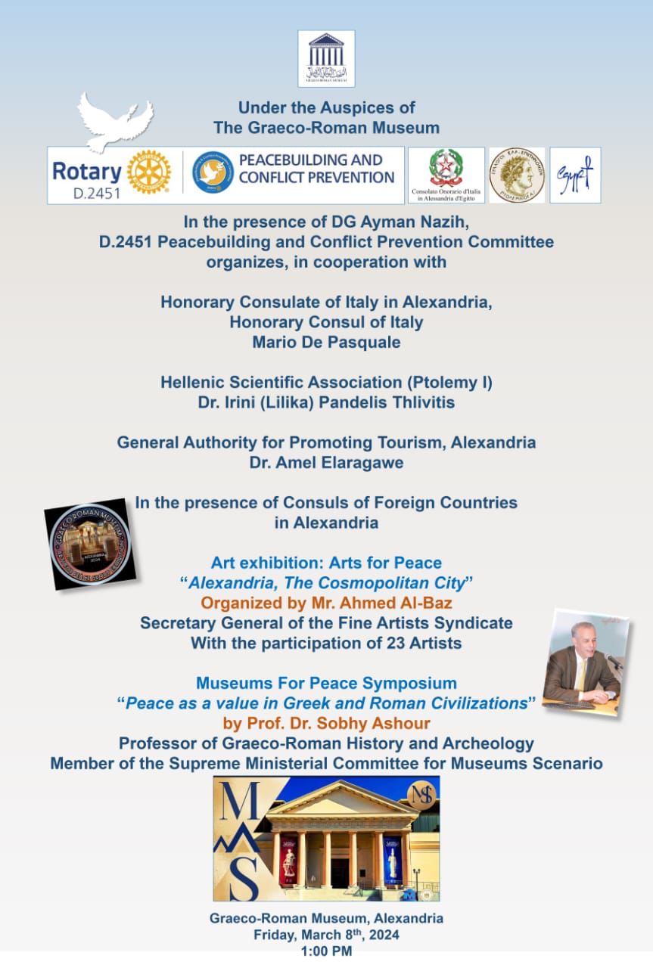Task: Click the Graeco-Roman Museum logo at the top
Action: [x=326, y=58]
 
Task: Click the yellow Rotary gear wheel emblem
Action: [x=148, y=172]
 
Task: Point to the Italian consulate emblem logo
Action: [x=446, y=175]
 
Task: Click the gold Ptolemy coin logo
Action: [x=517, y=175]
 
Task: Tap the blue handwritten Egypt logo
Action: [x=575, y=175]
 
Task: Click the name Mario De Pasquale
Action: [x=326, y=342]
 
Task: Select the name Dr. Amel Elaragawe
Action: [x=326, y=462]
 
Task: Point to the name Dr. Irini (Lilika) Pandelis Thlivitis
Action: [x=326, y=402]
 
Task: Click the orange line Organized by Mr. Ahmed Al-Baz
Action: [x=326, y=603]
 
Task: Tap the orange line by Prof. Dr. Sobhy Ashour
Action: [x=326, y=723]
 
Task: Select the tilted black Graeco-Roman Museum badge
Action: [x=90, y=543]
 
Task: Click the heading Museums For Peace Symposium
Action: [x=326, y=683]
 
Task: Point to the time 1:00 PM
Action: [x=326, y=951]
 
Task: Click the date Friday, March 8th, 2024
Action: [x=326, y=935]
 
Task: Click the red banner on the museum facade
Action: [x=288, y=860]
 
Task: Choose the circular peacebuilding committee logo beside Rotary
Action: [x=212, y=172]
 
